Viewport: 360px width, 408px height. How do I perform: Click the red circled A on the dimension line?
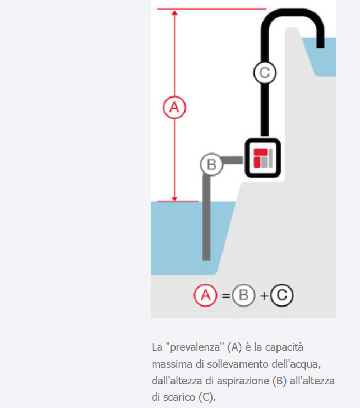click(x=174, y=107)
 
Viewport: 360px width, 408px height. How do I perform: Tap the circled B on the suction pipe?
click(x=211, y=164)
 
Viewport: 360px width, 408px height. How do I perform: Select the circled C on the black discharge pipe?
click(x=265, y=73)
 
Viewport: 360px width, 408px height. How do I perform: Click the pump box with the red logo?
click(x=262, y=158)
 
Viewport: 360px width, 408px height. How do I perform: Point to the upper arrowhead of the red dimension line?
click(x=174, y=12)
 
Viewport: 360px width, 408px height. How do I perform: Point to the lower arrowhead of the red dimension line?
click(x=174, y=198)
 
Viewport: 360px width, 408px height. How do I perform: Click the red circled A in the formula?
click(x=205, y=295)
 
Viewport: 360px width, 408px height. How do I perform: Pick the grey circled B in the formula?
click(x=243, y=295)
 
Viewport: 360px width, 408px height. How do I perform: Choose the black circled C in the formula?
click(x=282, y=295)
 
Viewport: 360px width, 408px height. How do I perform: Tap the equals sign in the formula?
click(x=226, y=296)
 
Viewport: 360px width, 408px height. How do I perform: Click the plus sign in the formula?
click(x=264, y=296)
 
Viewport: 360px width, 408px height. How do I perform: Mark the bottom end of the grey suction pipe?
click(x=206, y=259)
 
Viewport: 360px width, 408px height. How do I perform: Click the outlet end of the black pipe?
click(x=320, y=47)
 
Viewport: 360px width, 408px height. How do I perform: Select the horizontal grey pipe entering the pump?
click(x=232, y=160)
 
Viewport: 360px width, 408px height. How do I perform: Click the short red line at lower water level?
click(x=178, y=201)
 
